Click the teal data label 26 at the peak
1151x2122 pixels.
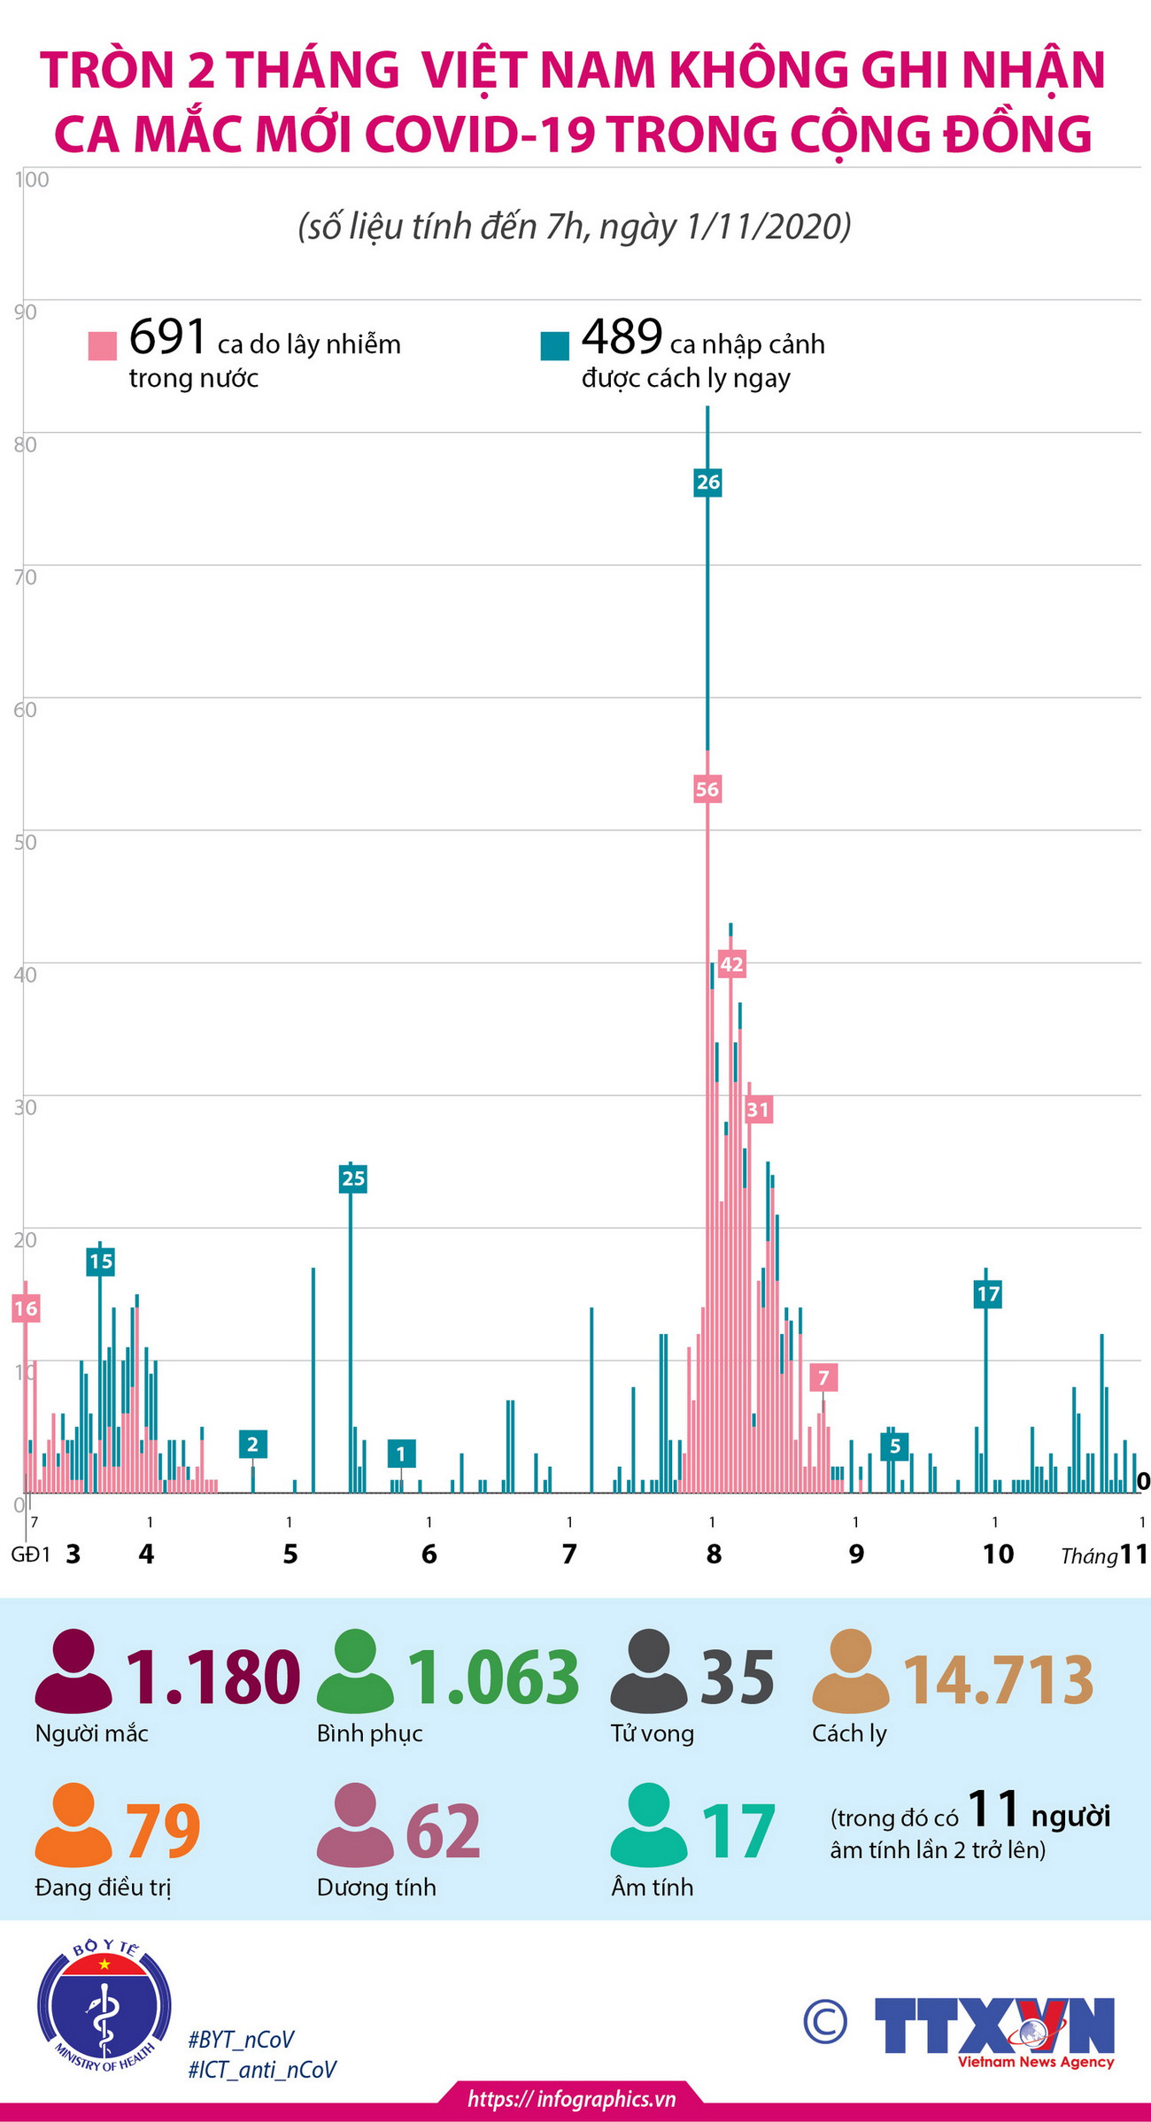(x=708, y=482)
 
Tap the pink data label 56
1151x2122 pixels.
(x=707, y=789)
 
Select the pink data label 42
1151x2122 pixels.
(x=731, y=964)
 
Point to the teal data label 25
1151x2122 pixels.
(x=352, y=1178)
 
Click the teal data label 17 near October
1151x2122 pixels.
(x=987, y=1294)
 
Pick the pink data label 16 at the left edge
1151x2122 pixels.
(x=26, y=1308)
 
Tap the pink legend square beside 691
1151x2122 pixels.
(x=103, y=345)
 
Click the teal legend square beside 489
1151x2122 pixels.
(x=555, y=345)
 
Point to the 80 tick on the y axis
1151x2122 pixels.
(x=25, y=444)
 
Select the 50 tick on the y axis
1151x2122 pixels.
(x=25, y=842)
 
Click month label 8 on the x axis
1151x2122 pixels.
(x=714, y=1554)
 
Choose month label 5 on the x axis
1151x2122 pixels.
(x=290, y=1554)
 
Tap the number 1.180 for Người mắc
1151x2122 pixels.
(x=213, y=1678)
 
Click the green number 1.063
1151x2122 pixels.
(x=492, y=1678)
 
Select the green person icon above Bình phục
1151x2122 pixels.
(x=355, y=1671)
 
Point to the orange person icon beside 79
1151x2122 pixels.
(x=73, y=1825)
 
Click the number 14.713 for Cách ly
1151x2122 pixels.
(x=998, y=1679)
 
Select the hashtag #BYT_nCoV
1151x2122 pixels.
(x=241, y=2040)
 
